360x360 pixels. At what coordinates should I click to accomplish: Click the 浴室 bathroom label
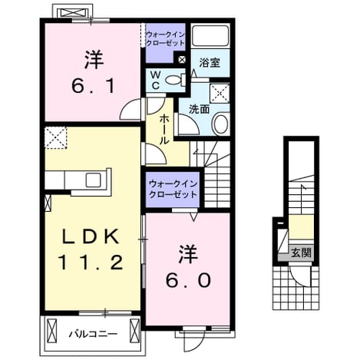(x=210, y=62)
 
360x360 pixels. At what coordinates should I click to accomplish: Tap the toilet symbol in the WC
(x=176, y=80)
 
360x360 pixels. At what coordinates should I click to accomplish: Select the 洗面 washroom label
(x=200, y=109)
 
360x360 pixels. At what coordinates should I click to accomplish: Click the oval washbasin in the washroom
(x=220, y=124)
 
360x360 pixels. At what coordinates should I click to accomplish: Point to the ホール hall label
(x=164, y=130)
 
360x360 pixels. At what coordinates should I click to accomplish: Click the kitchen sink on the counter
(x=93, y=180)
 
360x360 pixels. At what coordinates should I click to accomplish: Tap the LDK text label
(x=91, y=236)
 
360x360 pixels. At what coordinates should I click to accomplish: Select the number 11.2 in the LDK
(x=91, y=263)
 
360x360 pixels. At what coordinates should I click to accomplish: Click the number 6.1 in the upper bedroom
(x=92, y=86)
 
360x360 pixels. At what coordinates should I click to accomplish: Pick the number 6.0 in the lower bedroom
(x=188, y=280)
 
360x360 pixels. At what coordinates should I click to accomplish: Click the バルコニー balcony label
(x=94, y=334)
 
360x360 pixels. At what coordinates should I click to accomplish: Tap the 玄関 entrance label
(x=302, y=253)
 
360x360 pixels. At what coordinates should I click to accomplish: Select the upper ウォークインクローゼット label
(x=165, y=38)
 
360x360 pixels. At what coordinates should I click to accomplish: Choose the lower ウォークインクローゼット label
(x=173, y=190)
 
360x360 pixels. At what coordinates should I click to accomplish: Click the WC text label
(x=156, y=80)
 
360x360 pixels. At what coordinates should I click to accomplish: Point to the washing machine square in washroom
(x=220, y=93)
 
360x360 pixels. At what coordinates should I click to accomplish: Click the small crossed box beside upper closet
(x=182, y=60)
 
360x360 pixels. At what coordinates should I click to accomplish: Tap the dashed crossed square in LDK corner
(x=55, y=137)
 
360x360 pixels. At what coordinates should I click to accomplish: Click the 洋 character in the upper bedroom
(x=94, y=60)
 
